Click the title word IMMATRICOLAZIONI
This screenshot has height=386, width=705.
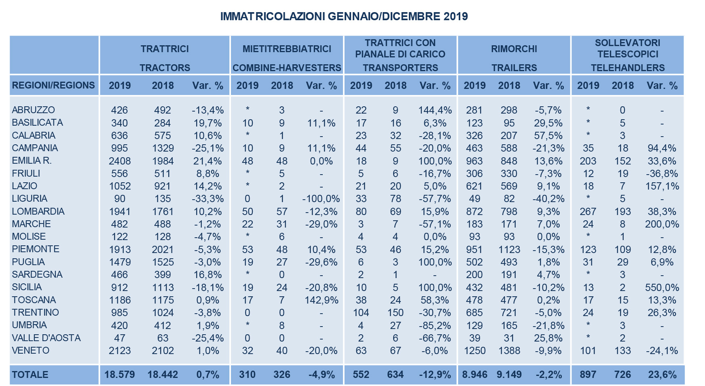click(273, 17)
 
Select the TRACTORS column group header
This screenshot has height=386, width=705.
click(165, 68)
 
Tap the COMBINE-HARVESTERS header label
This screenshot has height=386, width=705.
click(287, 68)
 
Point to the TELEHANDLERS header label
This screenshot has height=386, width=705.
click(628, 68)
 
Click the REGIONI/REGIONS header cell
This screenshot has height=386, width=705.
click(53, 85)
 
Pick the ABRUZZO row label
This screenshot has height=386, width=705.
click(34, 110)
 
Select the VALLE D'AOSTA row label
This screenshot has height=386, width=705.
click(47, 338)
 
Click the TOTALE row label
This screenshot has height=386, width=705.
click(30, 375)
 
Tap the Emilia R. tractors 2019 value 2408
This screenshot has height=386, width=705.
click(120, 161)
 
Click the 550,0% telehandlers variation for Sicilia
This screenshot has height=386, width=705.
click(662, 287)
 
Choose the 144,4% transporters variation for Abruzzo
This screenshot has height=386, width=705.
click(435, 110)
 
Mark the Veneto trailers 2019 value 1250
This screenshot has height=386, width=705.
click(475, 350)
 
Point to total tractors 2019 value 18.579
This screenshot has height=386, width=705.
click(120, 375)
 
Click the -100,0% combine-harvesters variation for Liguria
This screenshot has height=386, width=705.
click(321, 199)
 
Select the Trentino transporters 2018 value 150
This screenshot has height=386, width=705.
click(395, 313)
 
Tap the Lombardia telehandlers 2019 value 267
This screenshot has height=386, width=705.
click(588, 211)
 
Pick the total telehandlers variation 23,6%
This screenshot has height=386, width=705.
click(662, 375)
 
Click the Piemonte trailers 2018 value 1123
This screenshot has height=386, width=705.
click(509, 249)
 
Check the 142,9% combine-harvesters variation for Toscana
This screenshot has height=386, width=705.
click(321, 300)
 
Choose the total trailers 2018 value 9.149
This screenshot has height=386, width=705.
click(509, 375)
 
